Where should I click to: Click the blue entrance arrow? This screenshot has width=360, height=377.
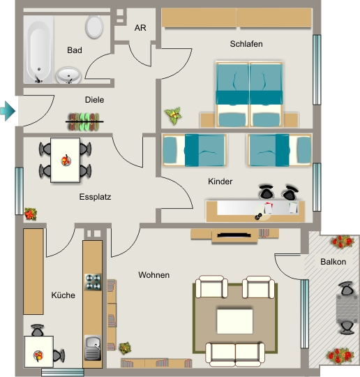[8, 111]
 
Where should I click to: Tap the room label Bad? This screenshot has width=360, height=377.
[75, 50]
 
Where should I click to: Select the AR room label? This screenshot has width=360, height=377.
[140, 28]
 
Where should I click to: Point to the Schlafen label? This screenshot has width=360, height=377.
[246, 44]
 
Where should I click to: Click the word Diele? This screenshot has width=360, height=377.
[94, 100]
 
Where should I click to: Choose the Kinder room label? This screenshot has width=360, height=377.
[220, 182]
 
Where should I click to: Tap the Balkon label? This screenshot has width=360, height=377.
[333, 262]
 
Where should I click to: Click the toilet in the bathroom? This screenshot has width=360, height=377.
[94, 27]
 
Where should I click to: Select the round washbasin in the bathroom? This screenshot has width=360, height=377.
[68, 75]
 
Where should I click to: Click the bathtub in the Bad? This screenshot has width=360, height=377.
[38, 50]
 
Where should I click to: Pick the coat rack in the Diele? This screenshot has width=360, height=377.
[84, 122]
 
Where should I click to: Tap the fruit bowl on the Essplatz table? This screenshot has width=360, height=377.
[66, 161]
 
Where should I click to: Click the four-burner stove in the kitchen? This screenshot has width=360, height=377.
[93, 282]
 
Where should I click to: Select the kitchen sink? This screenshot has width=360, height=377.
[93, 348]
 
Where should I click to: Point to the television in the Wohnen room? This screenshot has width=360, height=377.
[234, 235]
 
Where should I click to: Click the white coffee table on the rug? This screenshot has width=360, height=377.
[235, 321]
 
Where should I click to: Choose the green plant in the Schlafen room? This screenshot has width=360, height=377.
[173, 116]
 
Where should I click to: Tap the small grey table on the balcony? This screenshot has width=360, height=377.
[347, 307]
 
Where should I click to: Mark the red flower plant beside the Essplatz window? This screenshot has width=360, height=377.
[31, 214]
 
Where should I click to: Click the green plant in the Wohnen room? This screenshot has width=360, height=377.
[125, 348]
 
